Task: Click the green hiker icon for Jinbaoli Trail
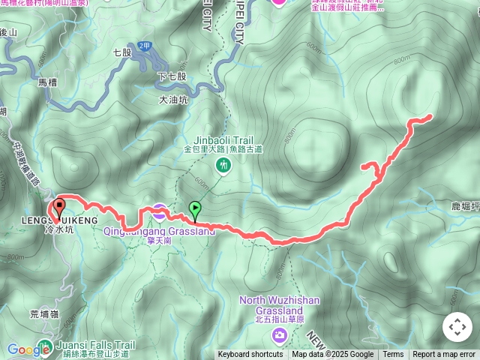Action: click(x=222, y=165)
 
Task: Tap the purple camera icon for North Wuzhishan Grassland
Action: click(x=279, y=334)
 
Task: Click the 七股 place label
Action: click(x=122, y=53)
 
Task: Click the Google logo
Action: click(x=28, y=349)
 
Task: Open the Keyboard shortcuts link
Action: click(x=250, y=355)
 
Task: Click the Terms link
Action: click(x=393, y=355)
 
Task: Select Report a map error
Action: click(x=444, y=355)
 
